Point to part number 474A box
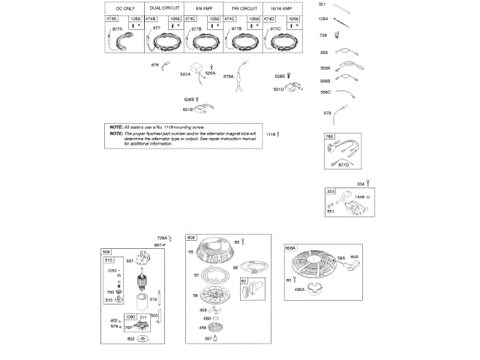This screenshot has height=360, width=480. [x=112, y=18]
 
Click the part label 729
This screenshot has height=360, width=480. [x=323, y=35]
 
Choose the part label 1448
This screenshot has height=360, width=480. [x=359, y=196]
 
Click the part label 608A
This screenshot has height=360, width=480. [x=291, y=247]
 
